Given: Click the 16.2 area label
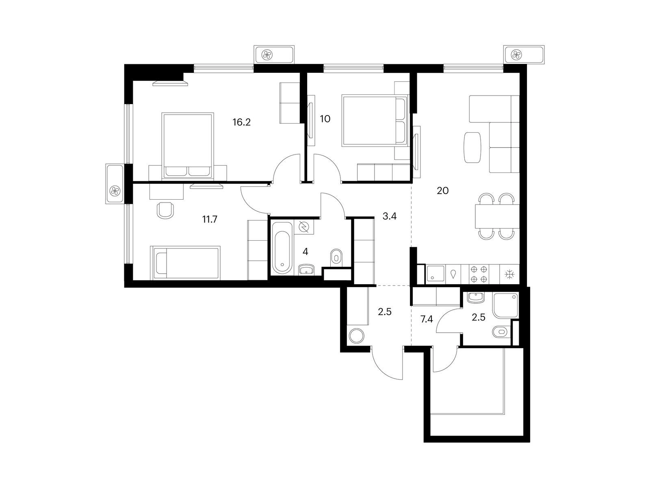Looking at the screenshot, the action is coord(242,122).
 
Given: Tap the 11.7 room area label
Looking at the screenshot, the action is coord(210,220).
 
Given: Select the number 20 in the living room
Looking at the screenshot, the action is coord(443,191).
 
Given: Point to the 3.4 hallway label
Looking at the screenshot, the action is coord(390,216).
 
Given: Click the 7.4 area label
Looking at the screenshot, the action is coord(427,319).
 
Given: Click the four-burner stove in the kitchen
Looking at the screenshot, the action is coord(479,274).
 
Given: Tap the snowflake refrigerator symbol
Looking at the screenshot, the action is coord(509,274).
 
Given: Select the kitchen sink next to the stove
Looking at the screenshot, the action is coord(435,274).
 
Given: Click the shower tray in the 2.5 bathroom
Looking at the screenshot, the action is coord(506,305).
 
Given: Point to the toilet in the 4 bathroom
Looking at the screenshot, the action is coord(336,257).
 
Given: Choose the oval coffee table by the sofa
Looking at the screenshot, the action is coord(472,148).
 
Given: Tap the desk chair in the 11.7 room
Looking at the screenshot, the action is coord(165,210).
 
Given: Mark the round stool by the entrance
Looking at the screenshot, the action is coord(357,336).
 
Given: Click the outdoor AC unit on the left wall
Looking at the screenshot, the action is coord(114,184).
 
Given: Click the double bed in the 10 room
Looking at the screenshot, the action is coord(375,120).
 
